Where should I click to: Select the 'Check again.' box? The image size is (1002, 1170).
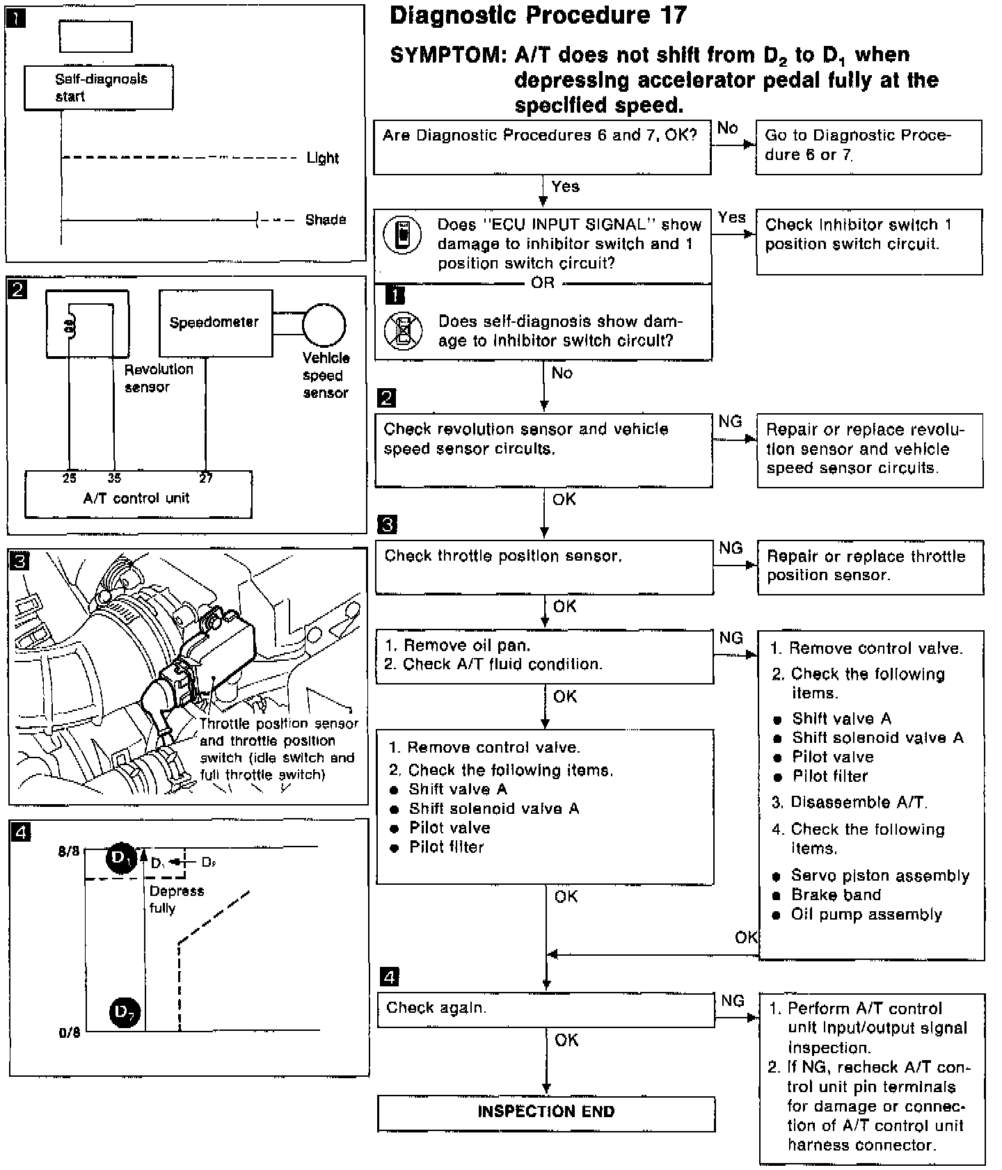click(546, 1009)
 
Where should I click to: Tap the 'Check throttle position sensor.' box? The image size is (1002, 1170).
click(544, 569)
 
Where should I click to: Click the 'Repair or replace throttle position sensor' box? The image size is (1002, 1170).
click(870, 567)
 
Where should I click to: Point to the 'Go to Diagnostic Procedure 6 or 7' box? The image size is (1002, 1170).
click(868, 146)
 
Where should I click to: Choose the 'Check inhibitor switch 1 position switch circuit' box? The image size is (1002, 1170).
click(868, 241)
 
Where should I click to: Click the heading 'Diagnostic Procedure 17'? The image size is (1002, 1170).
click(538, 15)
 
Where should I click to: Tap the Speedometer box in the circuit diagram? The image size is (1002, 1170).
click(215, 323)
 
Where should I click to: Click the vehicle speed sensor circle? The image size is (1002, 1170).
click(324, 325)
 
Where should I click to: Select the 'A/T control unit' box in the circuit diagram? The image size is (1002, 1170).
click(138, 495)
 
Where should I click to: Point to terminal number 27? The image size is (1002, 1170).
click(206, 478)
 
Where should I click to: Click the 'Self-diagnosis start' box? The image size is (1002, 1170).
click(99, 88)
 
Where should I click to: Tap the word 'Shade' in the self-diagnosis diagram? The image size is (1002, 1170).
click(326, 220)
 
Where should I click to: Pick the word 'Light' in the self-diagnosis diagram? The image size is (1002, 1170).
click(323, 158)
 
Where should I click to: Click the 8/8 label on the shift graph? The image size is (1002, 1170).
click(70, 851)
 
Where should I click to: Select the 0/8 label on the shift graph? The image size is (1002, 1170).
click(70, 1033)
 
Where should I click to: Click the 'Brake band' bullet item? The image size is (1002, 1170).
click(836, 895)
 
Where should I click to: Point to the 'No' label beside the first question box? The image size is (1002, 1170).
click(728, 128)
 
